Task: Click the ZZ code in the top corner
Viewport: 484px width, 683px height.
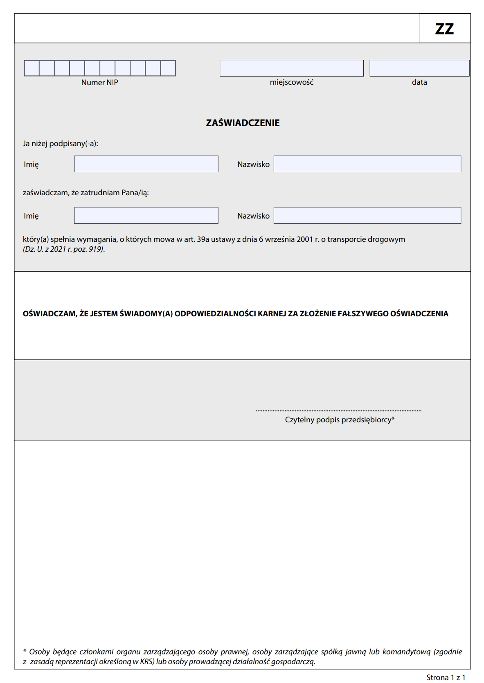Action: click(x=444, y=29)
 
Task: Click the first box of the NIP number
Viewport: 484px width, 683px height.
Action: click(x=32, y=68)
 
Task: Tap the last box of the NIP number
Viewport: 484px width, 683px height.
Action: click(x=168, y=68)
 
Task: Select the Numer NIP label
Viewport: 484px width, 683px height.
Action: click(x=99, y=83)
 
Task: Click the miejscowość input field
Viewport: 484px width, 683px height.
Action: click(x=291, y=68)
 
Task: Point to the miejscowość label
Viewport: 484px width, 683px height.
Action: click(x=291, y=82)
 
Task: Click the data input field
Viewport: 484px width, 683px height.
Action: click(x=419, y=68)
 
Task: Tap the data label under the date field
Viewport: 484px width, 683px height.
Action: click(x=419, y=82)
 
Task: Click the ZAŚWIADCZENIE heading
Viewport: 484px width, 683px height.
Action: click(x=243, y=123)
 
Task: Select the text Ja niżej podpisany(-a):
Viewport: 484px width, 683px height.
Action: click(x=61, y=144)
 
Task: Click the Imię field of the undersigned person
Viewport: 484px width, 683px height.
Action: click(x=146, y=164)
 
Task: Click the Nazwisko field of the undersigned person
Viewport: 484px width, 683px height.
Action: click(x=367, y=164)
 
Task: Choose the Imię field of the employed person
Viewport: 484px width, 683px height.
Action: click(x=146, y=216)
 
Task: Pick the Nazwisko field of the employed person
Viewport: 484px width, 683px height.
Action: click(x=367, y=216)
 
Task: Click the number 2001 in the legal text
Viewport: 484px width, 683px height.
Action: click(x=304, y=239)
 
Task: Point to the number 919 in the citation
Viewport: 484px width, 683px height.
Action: click(x=96, y=249)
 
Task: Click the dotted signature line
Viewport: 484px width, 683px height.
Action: click(x=338, y=410)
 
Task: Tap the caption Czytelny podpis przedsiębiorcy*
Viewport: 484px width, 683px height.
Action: click(x=340, y=420)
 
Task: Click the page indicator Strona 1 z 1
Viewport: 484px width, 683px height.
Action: click(x=446, y=677)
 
